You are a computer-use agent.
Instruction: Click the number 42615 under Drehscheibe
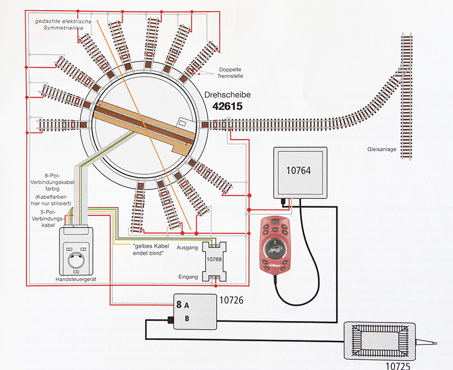pyautogui.click(x=230, y=106)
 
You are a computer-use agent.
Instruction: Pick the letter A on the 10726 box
pyautogui.click(x=186, y=304)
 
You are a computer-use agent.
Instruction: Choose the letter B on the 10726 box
pyautogui.click(x=186, y=318)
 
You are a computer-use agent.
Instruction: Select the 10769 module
pyautogui.click(x=215, y=259)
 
